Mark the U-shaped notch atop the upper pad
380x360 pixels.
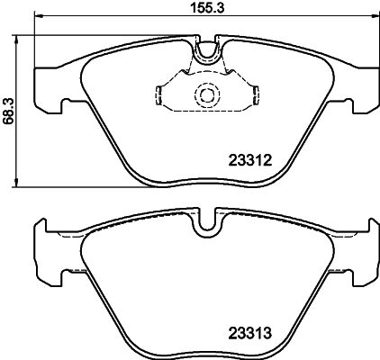206,53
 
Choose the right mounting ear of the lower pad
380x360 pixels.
366,251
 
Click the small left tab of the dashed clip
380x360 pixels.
158,93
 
